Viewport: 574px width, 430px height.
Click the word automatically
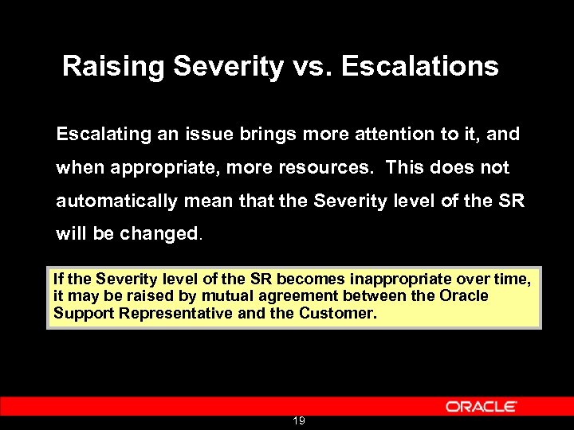pyautogui.click(x=116, y=202)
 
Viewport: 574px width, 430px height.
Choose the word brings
pyautogui.click(x=273, y=135)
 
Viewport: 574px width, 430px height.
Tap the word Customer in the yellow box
pyautogui.click(x=336, y=313)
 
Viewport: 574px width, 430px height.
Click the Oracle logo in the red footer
pyautogui.click(x=481, y=406)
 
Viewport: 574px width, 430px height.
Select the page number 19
pyautogui.click(x=298, y=420)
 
